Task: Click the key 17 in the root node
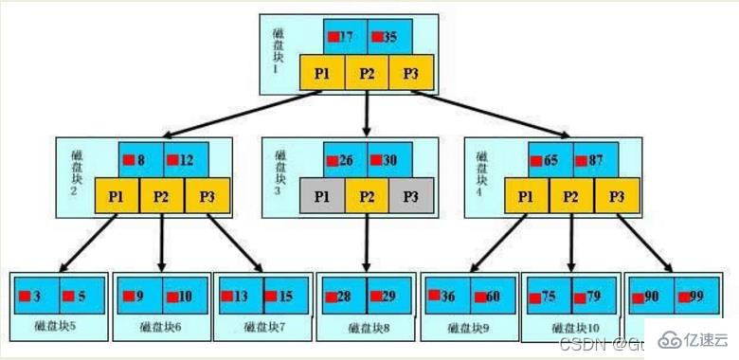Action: click(x=344, y=38)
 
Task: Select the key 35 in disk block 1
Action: click(x=388, y=38)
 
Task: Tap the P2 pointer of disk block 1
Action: click(x=367, y=73)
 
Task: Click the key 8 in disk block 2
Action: click(x=140, y=160)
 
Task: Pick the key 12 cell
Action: click(x=185, y=160)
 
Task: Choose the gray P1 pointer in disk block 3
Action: click(x=322, y=196)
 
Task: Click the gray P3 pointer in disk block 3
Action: click(x=410, y=196)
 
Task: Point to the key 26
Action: click(x=344, y=160)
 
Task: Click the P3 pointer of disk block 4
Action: click(x=617, y=196)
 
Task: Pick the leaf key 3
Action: click(x=36, y=296)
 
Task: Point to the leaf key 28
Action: click(x=343, y=296)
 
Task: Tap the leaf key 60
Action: click(x=490, y=296)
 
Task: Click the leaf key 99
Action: click(x=695, y=296)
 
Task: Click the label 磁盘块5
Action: click(x=59, y=328)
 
